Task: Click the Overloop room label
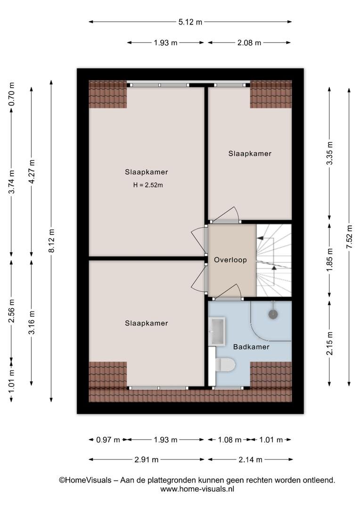230,260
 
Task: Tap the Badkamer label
251,347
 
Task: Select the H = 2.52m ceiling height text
148,185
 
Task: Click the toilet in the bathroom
225,364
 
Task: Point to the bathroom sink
217,331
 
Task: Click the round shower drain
273,314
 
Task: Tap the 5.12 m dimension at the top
190,22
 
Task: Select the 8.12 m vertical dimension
51,240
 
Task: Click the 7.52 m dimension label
349,237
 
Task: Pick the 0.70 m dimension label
11,94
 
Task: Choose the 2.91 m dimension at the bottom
147,460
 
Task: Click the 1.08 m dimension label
229,440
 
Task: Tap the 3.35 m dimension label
329,153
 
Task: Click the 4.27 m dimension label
32,172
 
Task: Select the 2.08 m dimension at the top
249,42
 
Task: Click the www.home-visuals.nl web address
197,489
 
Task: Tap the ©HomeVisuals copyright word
85,480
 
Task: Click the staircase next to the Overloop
274,260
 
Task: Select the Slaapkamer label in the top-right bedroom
250,154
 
